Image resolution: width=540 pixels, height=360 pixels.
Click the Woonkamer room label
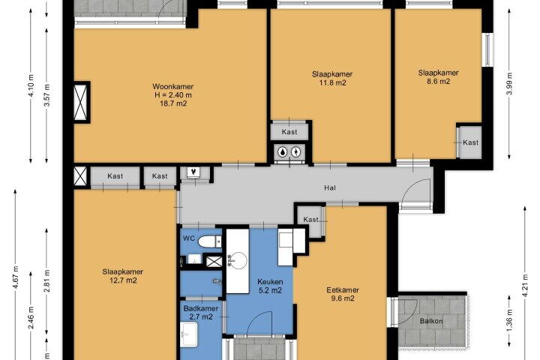click(173, 86)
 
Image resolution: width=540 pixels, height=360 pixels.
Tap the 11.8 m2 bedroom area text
click(332, 82)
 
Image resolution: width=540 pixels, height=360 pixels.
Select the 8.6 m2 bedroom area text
click(439, 82)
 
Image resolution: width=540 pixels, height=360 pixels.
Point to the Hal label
click(329, 187)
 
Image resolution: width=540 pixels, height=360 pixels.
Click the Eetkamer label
click(343, 290)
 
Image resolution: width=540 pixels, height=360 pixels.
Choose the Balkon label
click(431, 321)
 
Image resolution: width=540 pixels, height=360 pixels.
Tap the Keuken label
click(270, 282)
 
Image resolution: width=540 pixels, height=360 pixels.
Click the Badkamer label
click(200, 308)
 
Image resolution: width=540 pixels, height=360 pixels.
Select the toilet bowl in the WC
click(209, 241)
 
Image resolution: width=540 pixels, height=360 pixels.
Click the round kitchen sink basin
click(238, 261)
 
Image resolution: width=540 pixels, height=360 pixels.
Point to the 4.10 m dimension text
click(31, 85)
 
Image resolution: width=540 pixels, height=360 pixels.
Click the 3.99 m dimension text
click(510, 83)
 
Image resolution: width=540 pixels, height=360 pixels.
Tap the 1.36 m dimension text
click(510, 320)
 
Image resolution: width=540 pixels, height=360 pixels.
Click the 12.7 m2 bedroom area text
click(123, 280)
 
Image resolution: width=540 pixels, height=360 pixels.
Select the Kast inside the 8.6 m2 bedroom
click(470, 142)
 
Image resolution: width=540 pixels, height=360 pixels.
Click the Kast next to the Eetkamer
click(310, 220)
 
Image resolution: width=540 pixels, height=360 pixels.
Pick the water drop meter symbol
click(283, 151)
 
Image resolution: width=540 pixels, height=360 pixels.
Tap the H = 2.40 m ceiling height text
click(173, 95)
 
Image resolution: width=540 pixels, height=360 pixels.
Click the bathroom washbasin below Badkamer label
click(189, 334)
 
